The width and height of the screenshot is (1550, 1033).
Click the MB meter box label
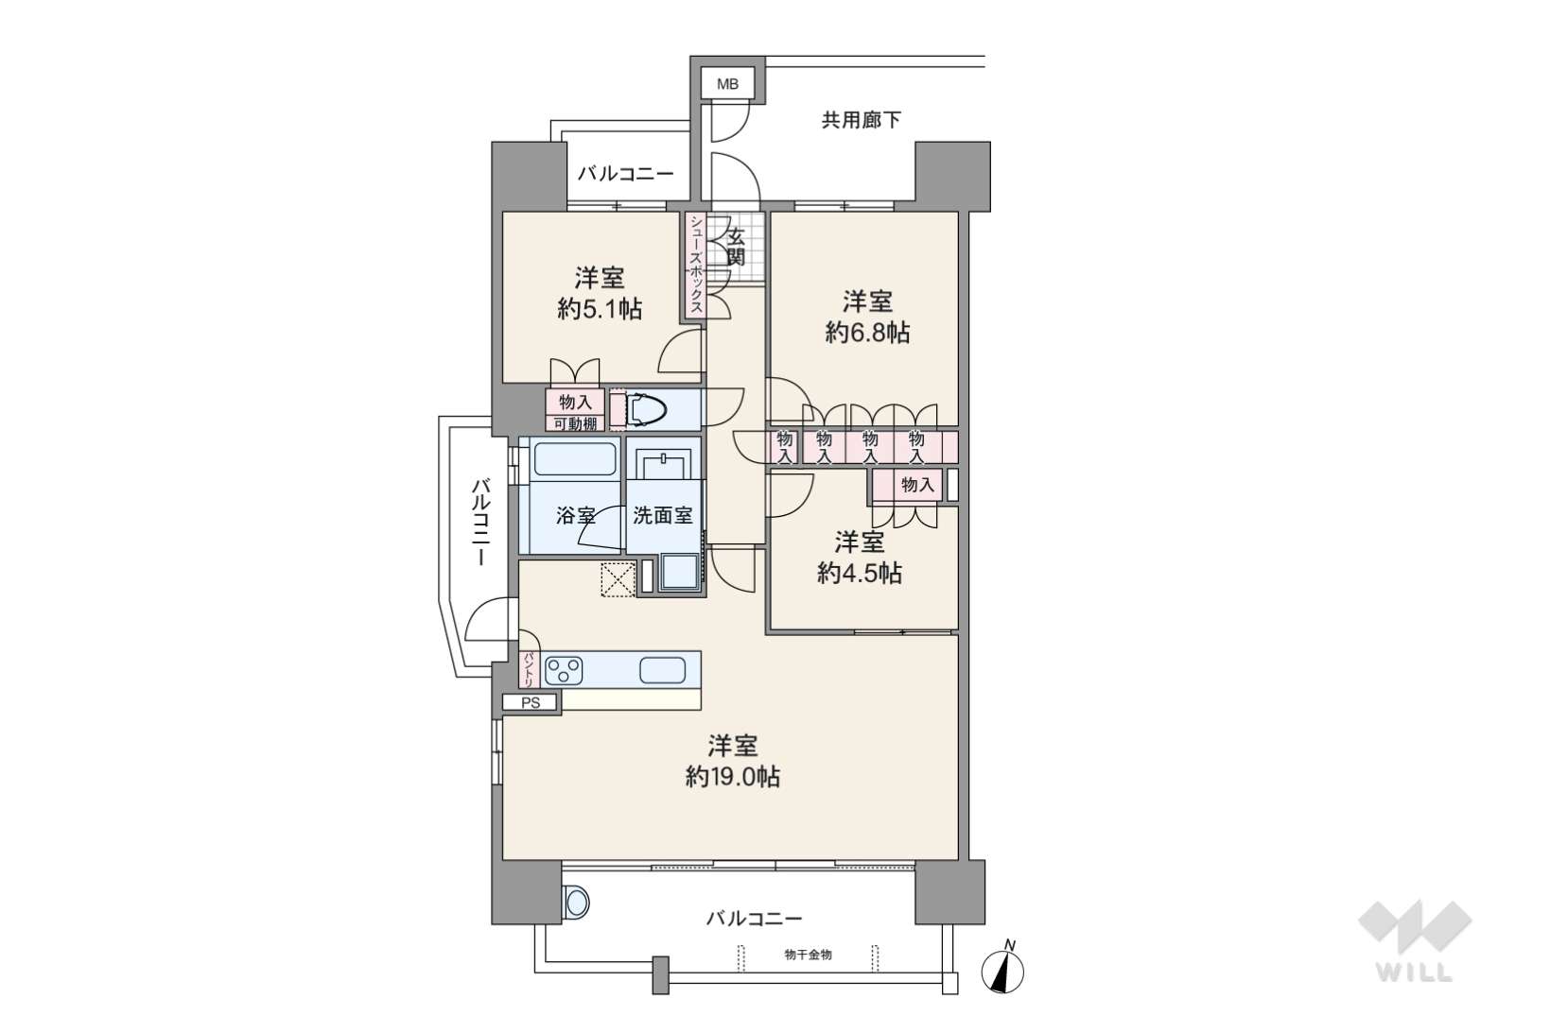tap(727, 84)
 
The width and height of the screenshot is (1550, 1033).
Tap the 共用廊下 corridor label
tap(861, 120)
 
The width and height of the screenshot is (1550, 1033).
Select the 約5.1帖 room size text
tap(600, 309)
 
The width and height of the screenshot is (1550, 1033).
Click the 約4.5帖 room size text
tap(859, 573)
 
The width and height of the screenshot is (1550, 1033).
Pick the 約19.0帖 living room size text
tap(732, 777)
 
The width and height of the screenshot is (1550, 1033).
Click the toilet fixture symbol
tap(646, 411)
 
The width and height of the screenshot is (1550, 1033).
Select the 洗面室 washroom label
tap(662, 515)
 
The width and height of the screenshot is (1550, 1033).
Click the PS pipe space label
tap(531, 703)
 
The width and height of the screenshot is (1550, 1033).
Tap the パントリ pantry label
tap(529, 669)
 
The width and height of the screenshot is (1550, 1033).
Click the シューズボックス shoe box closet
tap(696, 267)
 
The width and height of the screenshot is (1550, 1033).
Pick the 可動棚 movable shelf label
tap(575, 423)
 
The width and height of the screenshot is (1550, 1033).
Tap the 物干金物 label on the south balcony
tap(808, 955)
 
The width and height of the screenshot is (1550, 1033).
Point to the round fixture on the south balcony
tap(576, 903)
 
